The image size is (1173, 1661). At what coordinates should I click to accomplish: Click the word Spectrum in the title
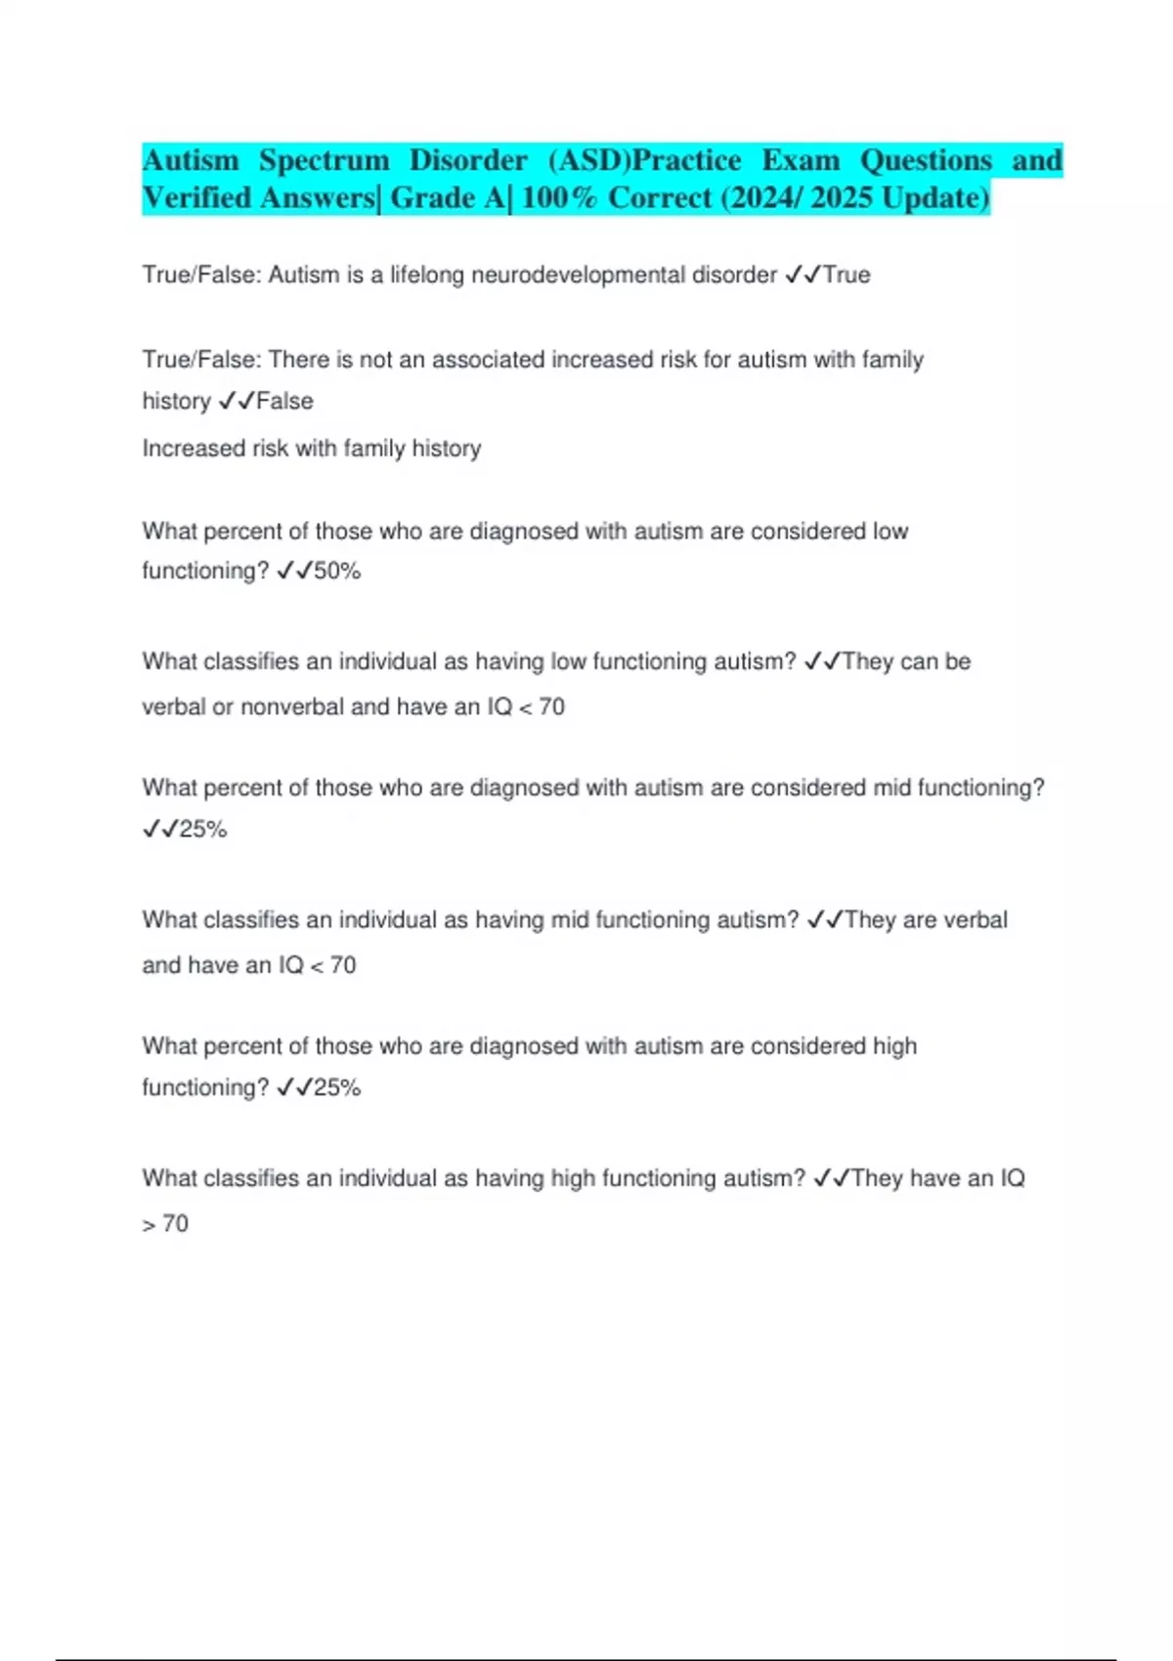coord(324,160)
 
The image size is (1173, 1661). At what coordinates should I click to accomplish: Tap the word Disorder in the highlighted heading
coord(468,160)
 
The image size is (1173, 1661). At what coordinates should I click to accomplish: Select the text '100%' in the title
coord(558,198)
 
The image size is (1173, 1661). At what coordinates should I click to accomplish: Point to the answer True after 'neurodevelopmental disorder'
coord(847,276)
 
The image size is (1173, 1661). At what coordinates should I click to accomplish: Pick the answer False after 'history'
coord(284,402)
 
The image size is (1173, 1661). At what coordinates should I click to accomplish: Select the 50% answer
coord(337,572)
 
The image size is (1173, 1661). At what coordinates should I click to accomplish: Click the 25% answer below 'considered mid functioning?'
coord(203,830)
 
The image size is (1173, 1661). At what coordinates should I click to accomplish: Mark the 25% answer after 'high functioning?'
coord(337,1087)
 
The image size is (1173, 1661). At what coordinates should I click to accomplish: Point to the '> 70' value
coord(165,1223)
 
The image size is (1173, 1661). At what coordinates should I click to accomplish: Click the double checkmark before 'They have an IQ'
coord(831,1178)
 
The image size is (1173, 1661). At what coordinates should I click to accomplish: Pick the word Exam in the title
coord(801,160)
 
